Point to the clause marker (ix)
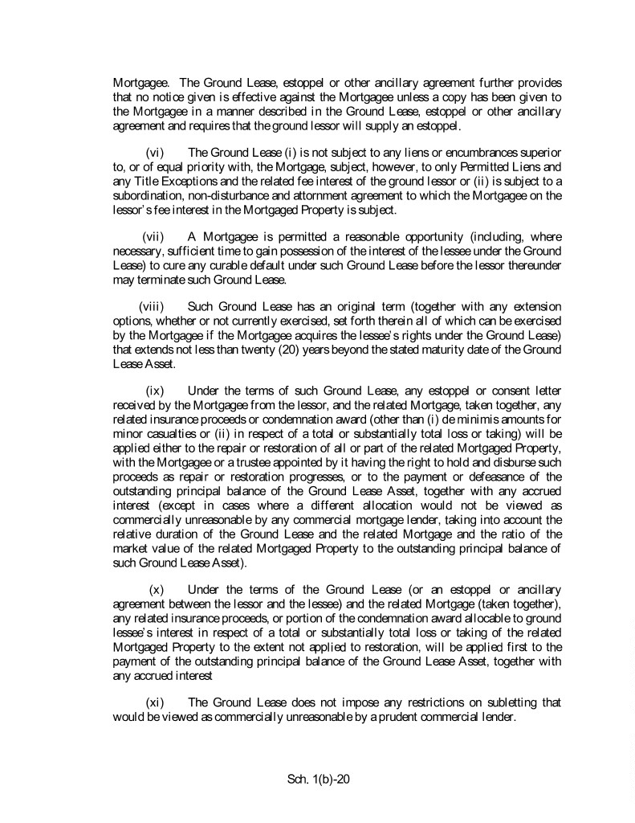coord(156,390)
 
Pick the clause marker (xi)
coord(156,702)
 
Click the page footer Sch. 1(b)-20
coord(320,780)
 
